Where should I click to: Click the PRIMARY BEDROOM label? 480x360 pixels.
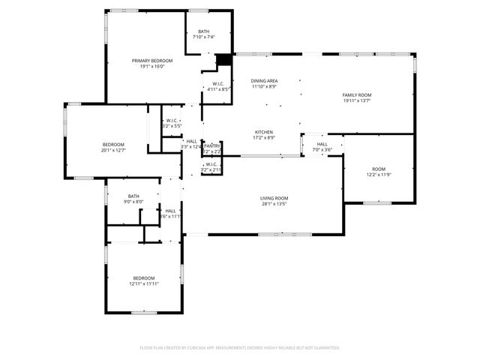tap(152, 61)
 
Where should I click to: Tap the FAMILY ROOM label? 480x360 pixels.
tap(357, 95)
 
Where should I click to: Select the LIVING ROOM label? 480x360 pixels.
tap(274, 198)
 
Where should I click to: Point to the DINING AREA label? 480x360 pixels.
tap(264, 81)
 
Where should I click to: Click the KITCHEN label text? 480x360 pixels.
tap(263, 132)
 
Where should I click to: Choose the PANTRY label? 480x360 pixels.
tap(212, 145)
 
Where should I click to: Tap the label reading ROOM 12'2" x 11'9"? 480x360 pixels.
tap(379, 169)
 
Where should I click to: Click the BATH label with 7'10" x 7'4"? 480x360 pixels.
tap(203, 31)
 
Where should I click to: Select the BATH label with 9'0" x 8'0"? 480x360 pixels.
tap(133, 196)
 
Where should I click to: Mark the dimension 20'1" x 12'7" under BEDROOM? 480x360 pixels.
tap(114, 150)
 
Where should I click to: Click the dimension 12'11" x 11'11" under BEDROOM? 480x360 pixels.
tap(144, 283)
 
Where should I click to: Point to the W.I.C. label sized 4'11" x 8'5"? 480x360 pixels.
tap(218, 83)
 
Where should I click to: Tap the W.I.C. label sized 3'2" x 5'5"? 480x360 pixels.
tap(171, 120)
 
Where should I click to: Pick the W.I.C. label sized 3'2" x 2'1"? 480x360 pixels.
tap(211, 164)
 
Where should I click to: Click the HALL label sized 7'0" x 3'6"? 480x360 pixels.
tap(322, 144)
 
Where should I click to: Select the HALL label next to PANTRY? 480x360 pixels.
tap(191, 141)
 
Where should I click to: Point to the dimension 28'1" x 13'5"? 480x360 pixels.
tap(274, 204)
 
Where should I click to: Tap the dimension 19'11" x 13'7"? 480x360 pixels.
tap(357, 101)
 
